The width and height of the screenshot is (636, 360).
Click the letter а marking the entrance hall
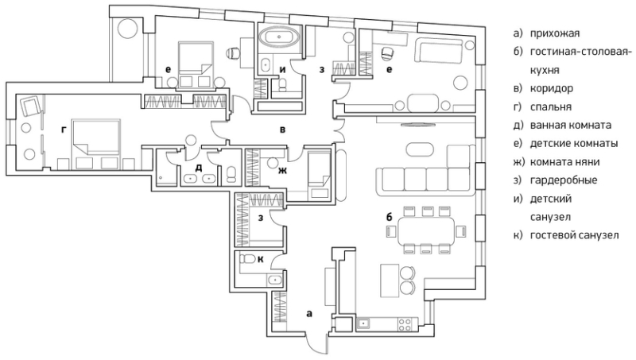point(309,314)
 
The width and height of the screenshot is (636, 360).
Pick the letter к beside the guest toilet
point(261,259)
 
